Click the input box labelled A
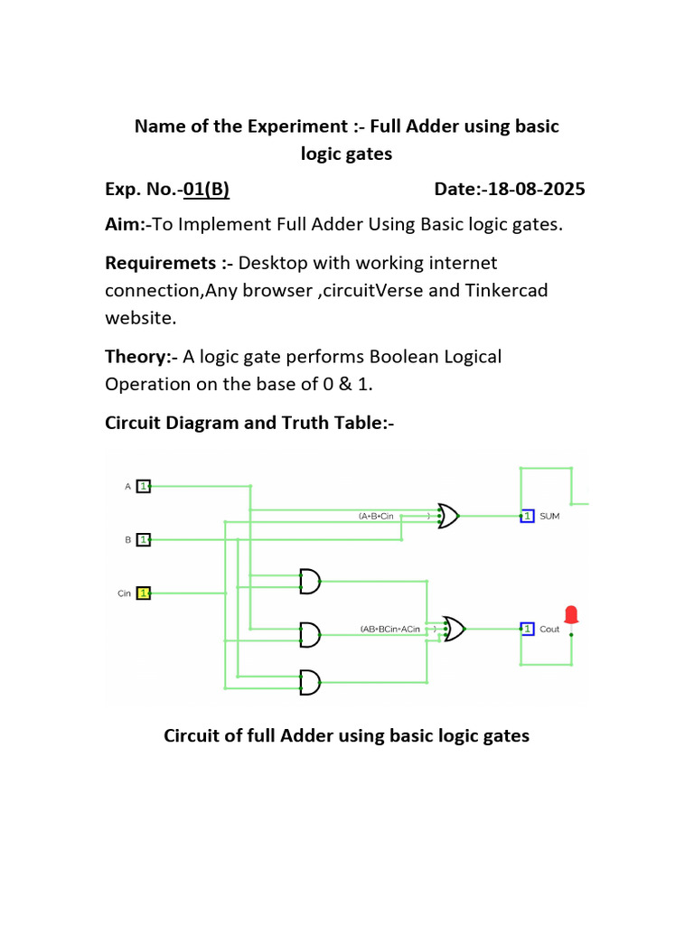click(x=144, y=486)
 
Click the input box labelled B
click(x=144, y=539)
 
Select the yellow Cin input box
click(x=144, y=593)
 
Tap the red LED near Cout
click(x=571, y=614)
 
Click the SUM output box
click(x=526, y=517)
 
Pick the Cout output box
click(x=526, y=629)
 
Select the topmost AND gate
click(x=309, y=583)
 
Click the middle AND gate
click(x=309, y=634)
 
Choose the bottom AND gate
click(x=309, y=683)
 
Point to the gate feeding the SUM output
click(x=448, y=517)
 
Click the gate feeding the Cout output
click(x=454, y=629)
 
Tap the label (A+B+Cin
click(x=377, y=517)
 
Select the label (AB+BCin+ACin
click(x=390, y=629)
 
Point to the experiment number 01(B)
click(x=206, y=189)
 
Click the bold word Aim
click(x=121, y=224)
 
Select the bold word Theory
click(x=138, y=356)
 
